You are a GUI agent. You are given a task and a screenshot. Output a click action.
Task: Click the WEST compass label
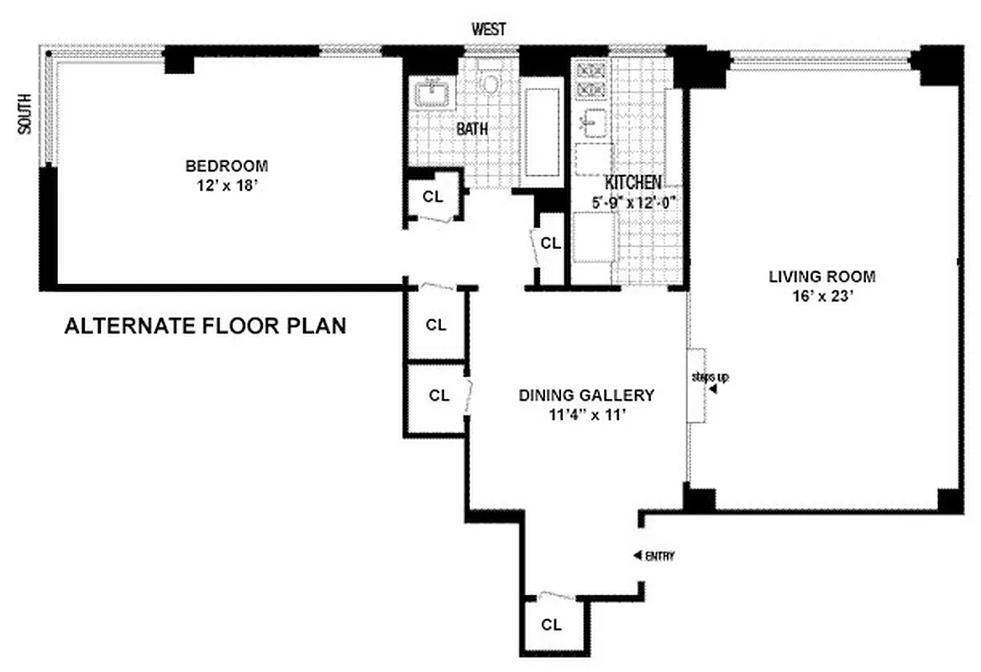click(x=489, y=29)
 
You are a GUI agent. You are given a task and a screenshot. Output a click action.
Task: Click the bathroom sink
click(x=433, y=90)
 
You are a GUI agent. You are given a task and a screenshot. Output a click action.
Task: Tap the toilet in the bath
click(x=490, y=83)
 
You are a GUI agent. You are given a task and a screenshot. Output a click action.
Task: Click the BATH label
click(x=473, y=129)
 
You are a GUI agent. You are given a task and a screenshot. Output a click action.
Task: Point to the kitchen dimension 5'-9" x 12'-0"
click(x=633, y=202)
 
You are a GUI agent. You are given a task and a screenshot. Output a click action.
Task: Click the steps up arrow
click(x=713, y=389)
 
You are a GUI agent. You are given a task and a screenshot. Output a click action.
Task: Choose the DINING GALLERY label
click(x=585, y=395)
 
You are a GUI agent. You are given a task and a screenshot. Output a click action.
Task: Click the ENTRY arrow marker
click(x=637, y=555)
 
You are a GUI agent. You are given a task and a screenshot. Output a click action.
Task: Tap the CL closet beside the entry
click(x=551, y=624)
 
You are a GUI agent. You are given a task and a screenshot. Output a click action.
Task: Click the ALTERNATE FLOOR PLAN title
click(x=205, y=326)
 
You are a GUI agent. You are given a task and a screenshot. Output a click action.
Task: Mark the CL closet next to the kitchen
click(x=550, y=244)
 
